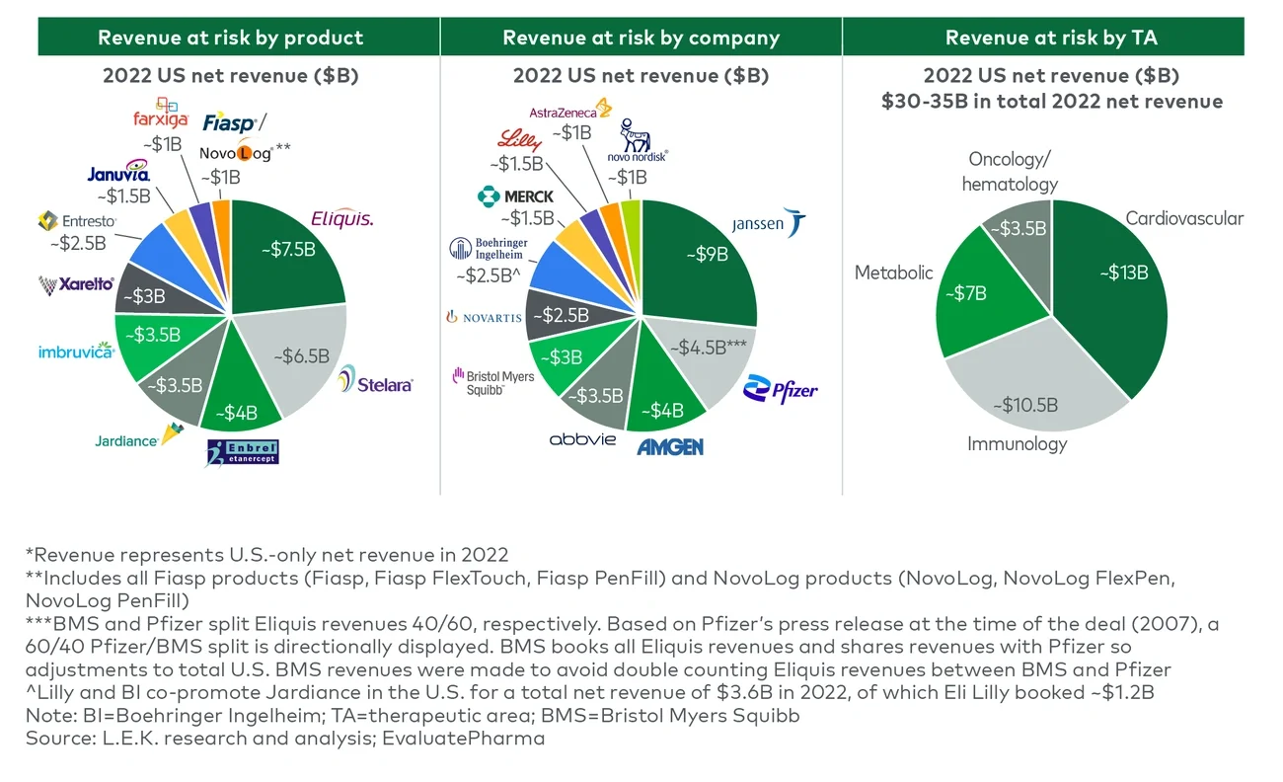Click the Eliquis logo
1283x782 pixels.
point(341,219)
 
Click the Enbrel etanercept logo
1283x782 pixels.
point(243,452)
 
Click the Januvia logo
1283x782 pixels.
point(117,175)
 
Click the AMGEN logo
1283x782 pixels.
point(670,446)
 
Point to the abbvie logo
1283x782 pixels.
point(582,438)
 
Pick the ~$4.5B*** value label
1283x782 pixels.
point(707,348)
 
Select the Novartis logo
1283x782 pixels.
point(484,317)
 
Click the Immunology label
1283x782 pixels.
point(1017,443)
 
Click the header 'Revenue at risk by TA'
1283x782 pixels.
point(1051,39)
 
